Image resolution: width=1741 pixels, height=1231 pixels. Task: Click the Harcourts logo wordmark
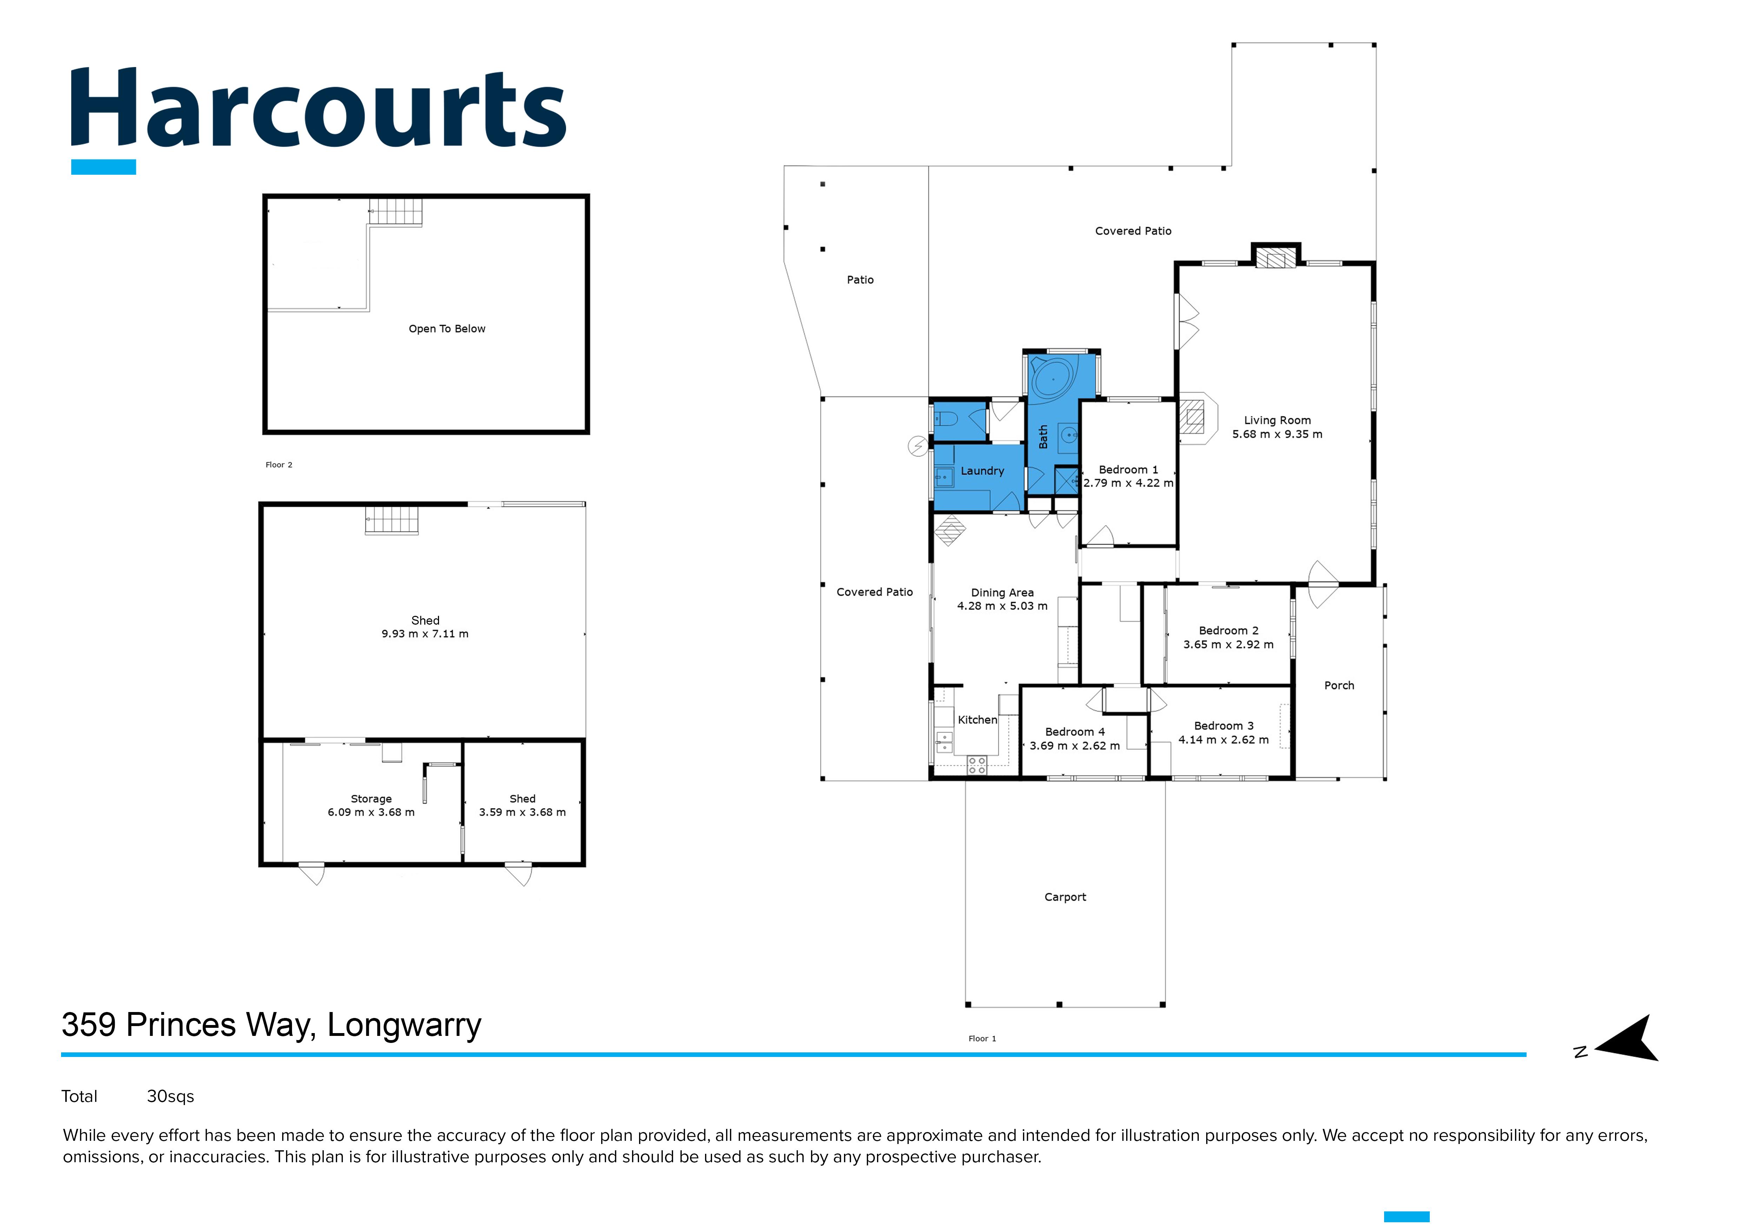(x=319, y=108)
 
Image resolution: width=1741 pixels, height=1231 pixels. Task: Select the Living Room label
(x=1277, y=420)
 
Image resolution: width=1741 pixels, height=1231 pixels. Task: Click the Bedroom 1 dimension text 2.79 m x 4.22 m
(x=1128, y=483)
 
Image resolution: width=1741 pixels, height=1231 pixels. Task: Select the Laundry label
(x=982, y=471)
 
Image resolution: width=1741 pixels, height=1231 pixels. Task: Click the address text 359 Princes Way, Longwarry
(x=272, y=1025)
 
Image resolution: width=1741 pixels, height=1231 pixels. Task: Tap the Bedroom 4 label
(x=1075, y=731)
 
